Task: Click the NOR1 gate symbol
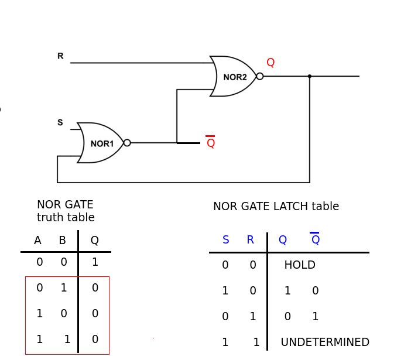101,143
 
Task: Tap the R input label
60,56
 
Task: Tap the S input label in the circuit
60,122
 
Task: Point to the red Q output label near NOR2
270,63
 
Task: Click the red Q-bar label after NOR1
211,143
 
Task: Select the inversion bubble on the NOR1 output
127,143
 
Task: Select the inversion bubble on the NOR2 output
260,76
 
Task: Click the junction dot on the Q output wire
310,76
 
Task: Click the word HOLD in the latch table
300,265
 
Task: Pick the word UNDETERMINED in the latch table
325,342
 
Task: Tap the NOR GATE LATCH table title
276,207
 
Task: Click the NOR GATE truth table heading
66,211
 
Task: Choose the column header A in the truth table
37,241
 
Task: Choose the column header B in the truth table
62,241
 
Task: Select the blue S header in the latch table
226,240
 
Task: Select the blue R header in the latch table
251,240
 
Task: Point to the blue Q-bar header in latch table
315,239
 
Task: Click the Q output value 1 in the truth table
95,262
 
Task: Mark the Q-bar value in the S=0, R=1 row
315,317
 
